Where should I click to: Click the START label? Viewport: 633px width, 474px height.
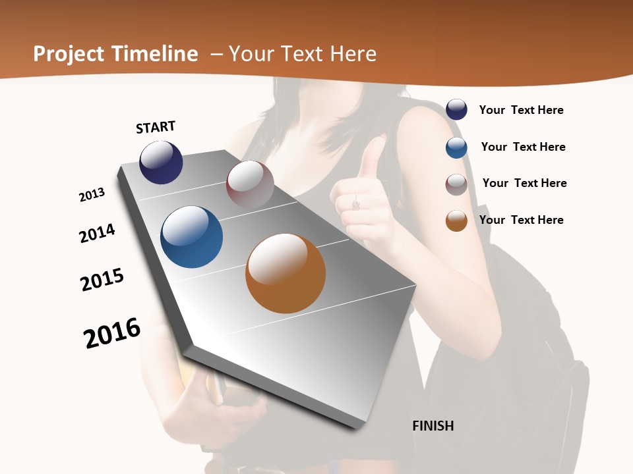[x=156, y=127]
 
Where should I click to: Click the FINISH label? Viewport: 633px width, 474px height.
[x=433, y=426]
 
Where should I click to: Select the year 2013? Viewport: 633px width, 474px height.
[x=92, y=195]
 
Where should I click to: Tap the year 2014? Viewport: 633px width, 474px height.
[x=97, y=233]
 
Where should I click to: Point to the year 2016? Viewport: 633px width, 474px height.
[x=112, y=333]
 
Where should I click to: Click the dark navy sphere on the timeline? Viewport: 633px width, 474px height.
[x=161, y=162]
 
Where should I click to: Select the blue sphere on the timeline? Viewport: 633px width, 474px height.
[x=191, y=237]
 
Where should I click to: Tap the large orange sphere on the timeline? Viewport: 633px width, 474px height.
[x=286, y=273]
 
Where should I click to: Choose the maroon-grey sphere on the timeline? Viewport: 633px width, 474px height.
[x=250, y=184]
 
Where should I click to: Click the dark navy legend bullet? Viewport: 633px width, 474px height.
[x=456, y=109]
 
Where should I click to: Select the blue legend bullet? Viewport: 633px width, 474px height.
[x=456, y=147]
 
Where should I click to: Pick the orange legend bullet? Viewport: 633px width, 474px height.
[x=456, y=221]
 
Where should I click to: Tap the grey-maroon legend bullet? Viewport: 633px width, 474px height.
[x=456, y=184]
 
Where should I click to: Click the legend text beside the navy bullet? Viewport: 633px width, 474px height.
[x=521, y=110]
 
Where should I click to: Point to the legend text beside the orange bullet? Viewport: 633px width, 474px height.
[x=521, y=220]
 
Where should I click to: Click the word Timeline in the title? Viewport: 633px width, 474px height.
[x=155, y=54]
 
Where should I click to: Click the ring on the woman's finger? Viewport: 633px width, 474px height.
[x=356, y=203]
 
